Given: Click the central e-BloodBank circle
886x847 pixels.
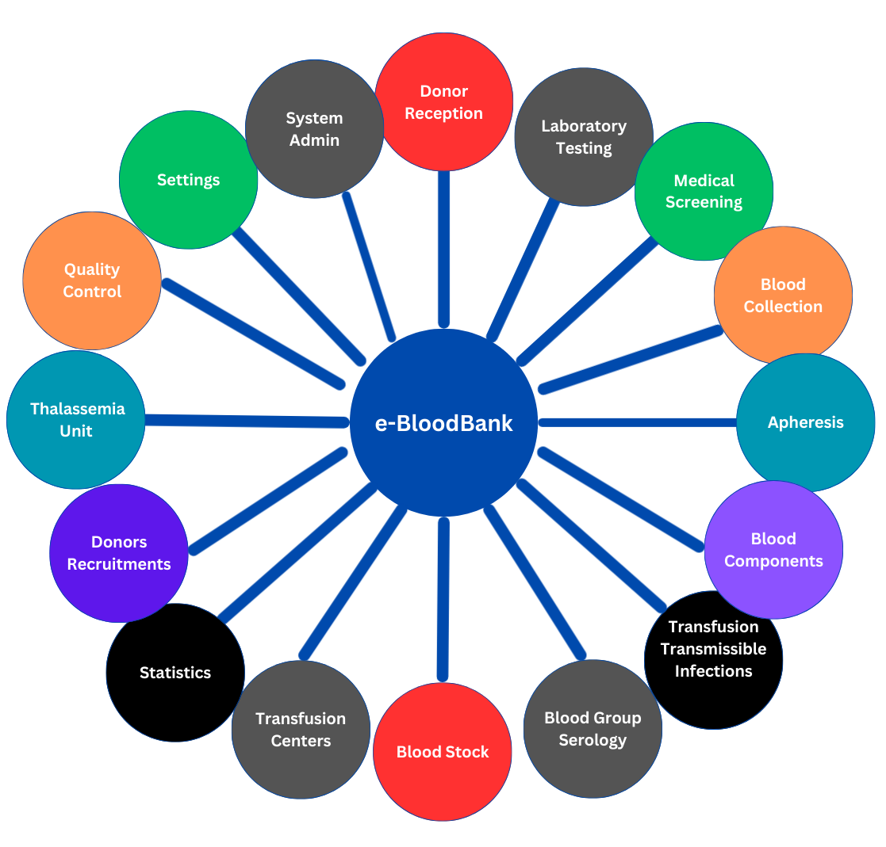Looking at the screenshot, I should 443,422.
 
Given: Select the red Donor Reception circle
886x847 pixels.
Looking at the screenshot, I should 443,101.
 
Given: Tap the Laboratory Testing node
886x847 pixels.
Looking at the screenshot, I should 584,136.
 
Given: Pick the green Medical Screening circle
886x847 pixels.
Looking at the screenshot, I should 704,191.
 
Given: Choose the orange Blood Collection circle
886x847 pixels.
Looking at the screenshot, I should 783,295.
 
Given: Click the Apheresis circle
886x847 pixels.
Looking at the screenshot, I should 805,422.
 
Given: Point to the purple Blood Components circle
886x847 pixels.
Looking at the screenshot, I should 773,549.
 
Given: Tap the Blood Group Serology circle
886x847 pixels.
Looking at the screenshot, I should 593,729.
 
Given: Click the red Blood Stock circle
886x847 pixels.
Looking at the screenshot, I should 443,752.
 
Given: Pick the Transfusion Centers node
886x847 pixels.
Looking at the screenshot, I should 301,729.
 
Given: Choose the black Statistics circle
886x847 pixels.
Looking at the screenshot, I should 175,672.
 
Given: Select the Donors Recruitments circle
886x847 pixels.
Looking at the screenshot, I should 119,553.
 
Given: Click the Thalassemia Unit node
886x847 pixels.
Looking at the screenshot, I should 76,420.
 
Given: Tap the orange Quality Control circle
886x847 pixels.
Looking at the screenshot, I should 92,280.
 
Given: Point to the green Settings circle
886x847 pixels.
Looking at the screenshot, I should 188,180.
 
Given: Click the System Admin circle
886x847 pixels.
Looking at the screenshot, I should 314,129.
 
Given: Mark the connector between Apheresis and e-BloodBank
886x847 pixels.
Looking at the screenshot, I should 639,422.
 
